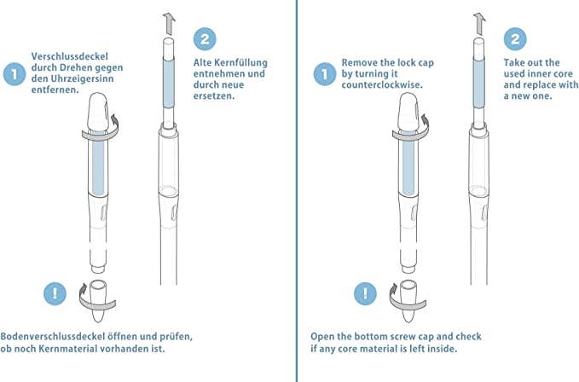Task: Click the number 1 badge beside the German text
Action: pos(14,74)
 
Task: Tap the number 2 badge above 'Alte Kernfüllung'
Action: pos(205,39)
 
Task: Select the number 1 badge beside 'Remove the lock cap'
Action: pos(325,74)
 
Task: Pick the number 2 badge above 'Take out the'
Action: pos(515,39)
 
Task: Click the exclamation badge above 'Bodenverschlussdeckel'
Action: pos(55,294)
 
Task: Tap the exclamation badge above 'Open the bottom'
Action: pos(365,294)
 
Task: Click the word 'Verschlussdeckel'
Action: pos(70,56)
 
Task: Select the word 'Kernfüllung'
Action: pos(240,62)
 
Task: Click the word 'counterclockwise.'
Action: pos(382,84)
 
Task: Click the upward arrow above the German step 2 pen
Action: pos(169,24)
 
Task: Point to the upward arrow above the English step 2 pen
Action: pos(479,24)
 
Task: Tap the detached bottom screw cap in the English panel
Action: pos(408,301)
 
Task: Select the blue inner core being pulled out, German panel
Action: pos(168,84)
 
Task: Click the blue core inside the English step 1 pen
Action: pos(408,162)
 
